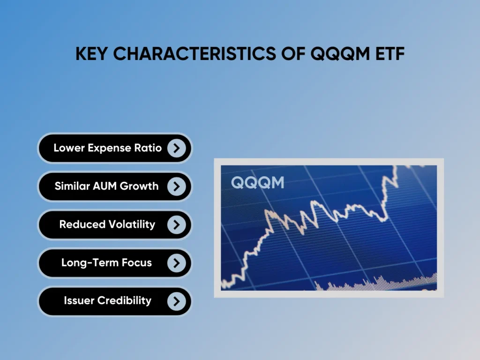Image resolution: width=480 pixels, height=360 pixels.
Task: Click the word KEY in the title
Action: [92, 54]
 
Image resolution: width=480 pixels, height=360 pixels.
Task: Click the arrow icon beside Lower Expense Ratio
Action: [176, 148]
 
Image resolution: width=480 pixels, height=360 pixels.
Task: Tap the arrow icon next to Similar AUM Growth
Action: [176, 187]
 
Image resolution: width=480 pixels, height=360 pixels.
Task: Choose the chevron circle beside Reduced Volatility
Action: [176, 225]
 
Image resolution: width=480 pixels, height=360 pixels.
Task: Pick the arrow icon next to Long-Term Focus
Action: [176, 263]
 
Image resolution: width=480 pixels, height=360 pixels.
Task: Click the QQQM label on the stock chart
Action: [257, 182]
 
